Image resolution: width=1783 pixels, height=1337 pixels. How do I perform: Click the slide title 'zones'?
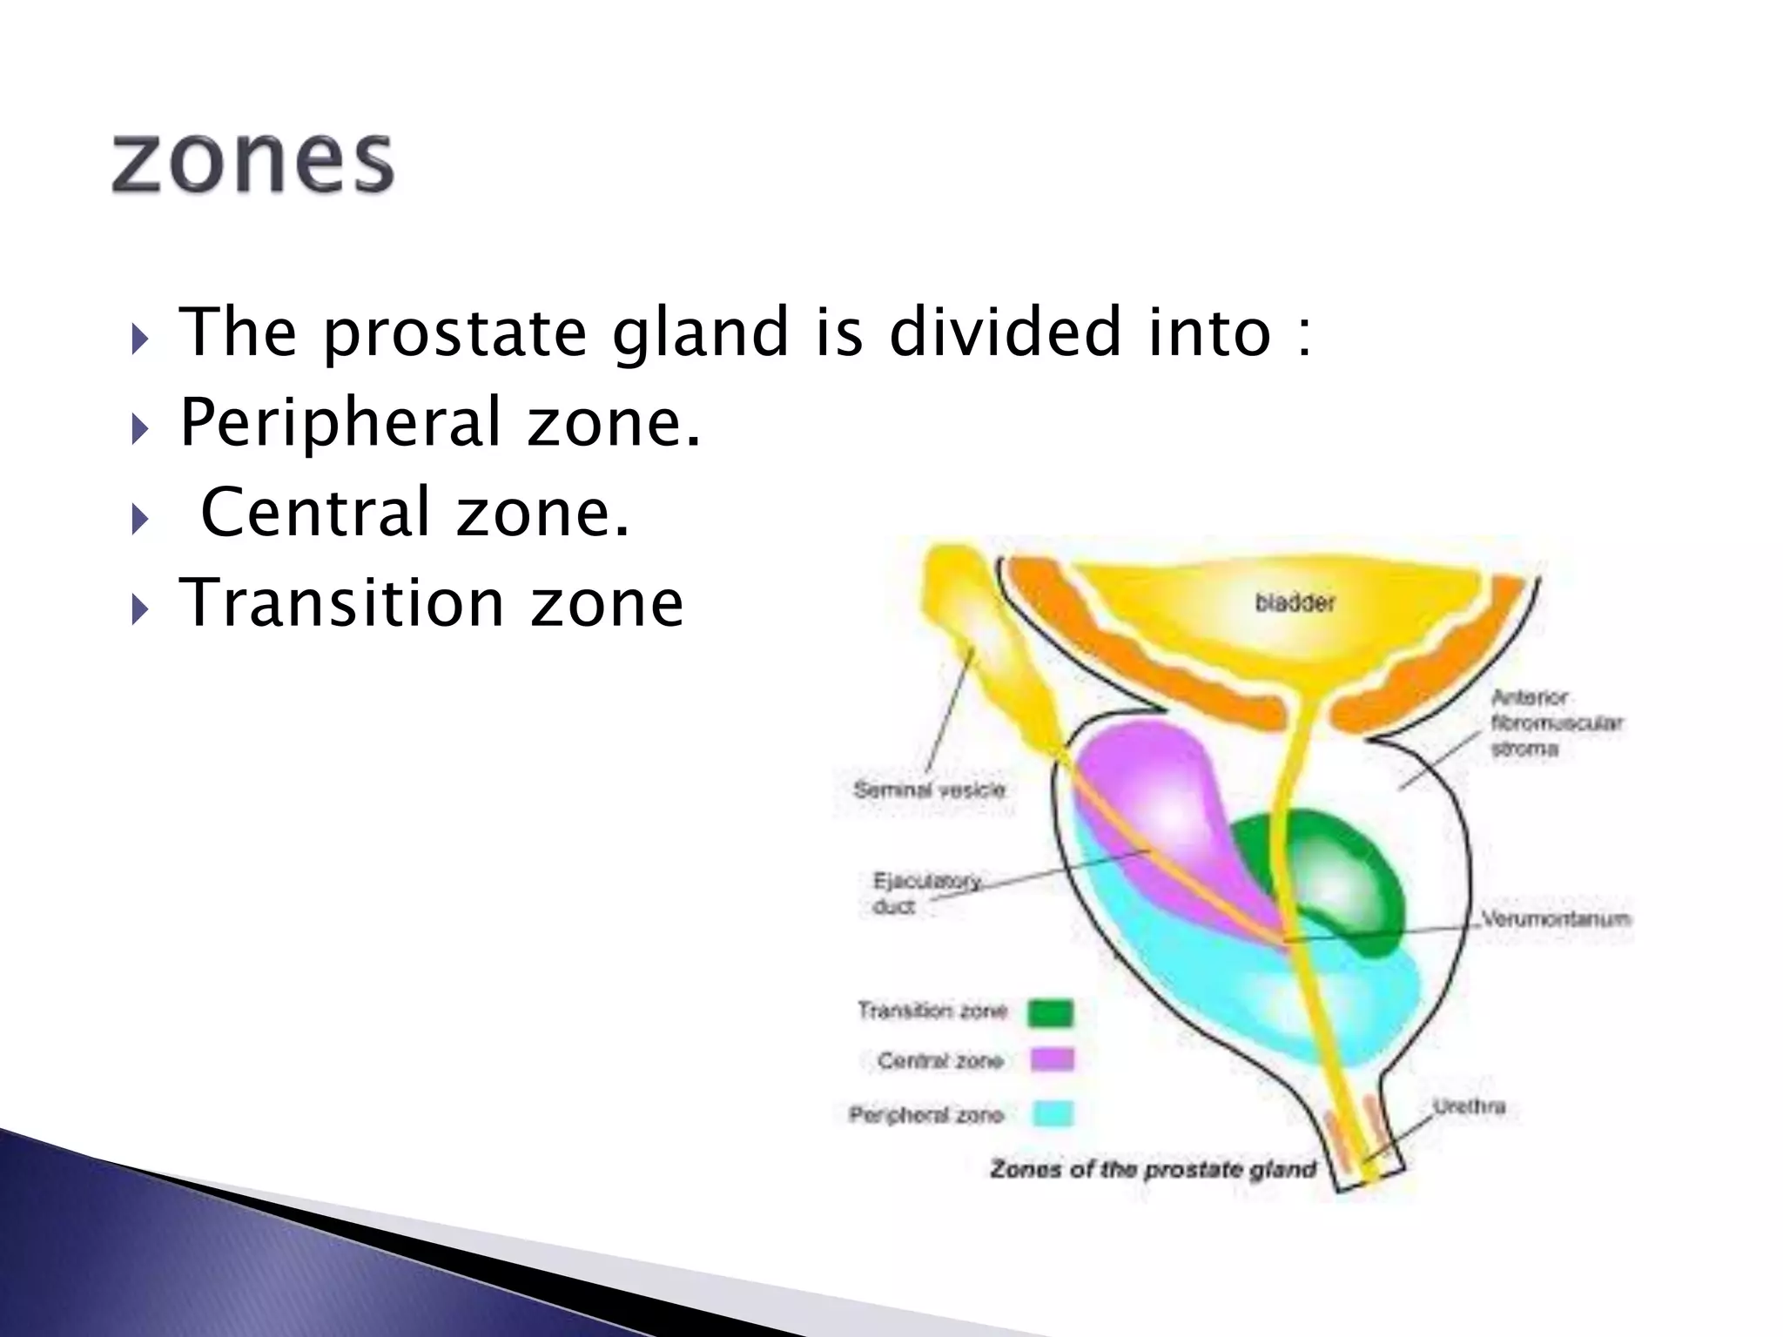coord(252,163)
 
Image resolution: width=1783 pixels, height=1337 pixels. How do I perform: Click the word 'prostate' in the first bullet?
coord(454,333)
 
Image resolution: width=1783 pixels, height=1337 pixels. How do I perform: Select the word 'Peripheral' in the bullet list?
coord(340,424)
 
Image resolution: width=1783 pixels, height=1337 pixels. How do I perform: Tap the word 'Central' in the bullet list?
coord(315,513)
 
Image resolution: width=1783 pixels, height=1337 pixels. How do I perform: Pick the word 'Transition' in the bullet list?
coord(341,602)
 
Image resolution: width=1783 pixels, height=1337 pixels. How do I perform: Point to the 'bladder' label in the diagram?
coord(1294,603)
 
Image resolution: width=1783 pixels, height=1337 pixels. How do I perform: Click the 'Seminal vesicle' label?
coord(929,790)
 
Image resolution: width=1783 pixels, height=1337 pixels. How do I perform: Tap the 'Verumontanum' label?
coord(1555,919)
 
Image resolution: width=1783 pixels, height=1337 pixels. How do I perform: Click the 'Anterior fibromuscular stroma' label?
coord(1555,722)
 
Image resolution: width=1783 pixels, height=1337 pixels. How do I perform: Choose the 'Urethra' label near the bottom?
coord(1469,1107)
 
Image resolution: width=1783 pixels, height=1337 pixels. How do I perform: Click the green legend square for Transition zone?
coord(1051,1012)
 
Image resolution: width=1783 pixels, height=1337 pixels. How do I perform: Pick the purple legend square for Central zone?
coord(1052,1060)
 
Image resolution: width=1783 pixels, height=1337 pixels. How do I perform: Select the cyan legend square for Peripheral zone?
coord(1053,1114)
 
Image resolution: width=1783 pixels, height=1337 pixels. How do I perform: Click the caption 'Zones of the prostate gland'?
coord(1153,1169)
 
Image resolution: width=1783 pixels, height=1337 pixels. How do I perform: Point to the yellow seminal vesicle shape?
coord(984,644)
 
